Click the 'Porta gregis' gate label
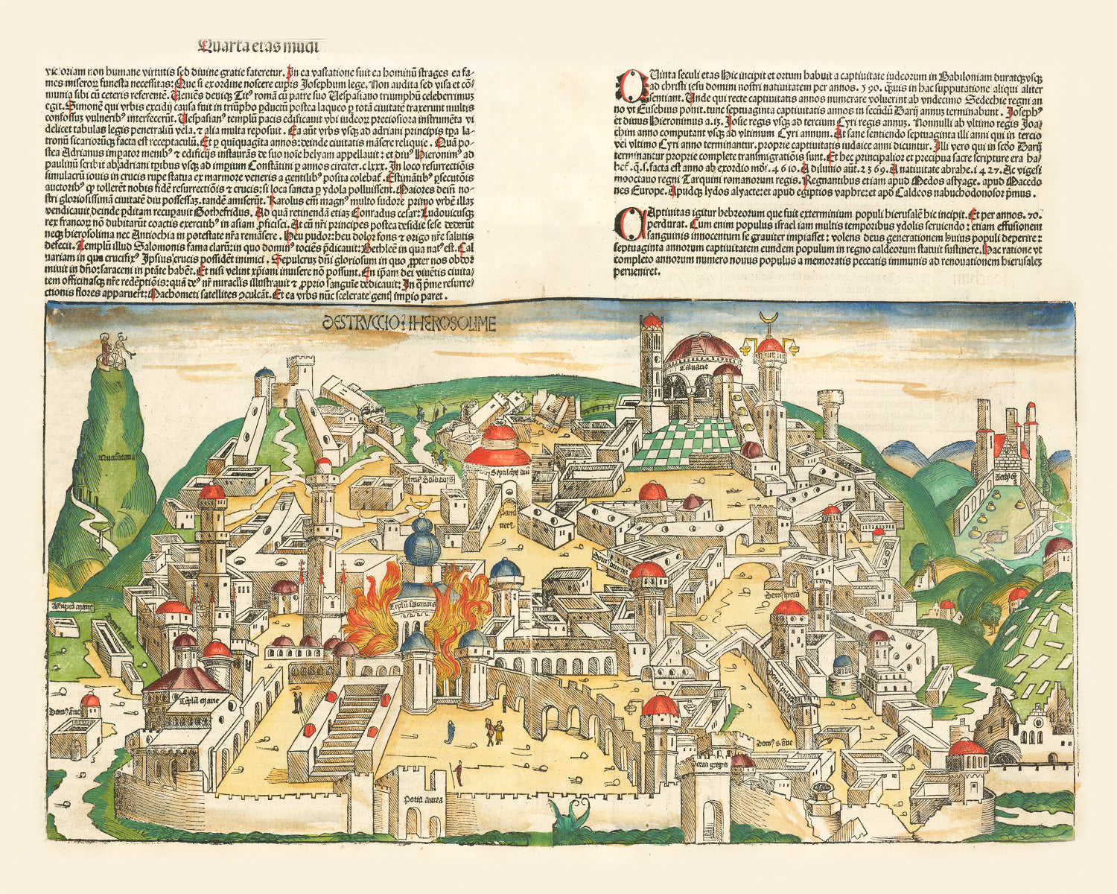(x=711, y=765)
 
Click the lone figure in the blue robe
(x=450, y=732)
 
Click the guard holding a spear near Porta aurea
(x=459, y=770)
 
